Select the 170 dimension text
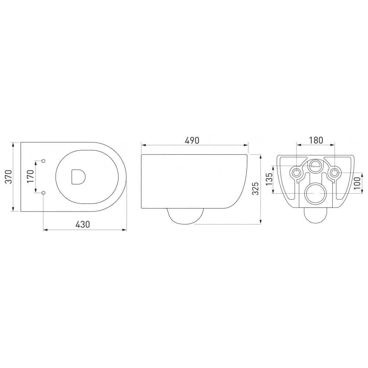point(31,177)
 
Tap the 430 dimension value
point(83,224)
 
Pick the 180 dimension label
point(316,140)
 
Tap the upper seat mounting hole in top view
point(43,161)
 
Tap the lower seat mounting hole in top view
point(43,192)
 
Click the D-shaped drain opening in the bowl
point(77,177)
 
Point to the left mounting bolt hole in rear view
point(296,172)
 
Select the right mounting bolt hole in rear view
point(334,172)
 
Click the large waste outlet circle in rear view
point(315,192)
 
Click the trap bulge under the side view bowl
point(186,216)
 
